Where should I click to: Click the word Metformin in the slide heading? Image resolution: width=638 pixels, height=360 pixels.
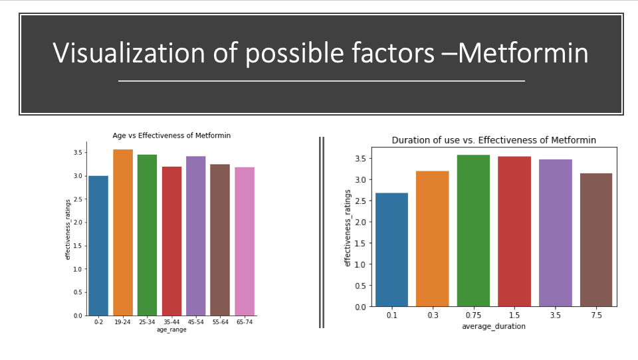[x=523, y=53]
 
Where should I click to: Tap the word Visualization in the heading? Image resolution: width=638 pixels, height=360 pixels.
[x=128, y=53]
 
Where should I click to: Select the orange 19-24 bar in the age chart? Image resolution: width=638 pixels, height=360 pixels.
[x=123, y=232]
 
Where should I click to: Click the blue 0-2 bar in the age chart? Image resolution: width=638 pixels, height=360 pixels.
[x=98, y=246]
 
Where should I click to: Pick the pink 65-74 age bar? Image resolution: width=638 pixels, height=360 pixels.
[x=245, y=241]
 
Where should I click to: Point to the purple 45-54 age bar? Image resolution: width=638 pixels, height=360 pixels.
[x=195, y=236]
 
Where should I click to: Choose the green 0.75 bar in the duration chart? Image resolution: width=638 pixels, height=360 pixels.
[x=474, y=230]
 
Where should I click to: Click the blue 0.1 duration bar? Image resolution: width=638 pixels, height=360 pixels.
[x=392, y=250]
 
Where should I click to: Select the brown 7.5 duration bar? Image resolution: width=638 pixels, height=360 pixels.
[x=596, y=240]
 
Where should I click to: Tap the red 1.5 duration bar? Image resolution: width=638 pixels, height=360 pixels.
[x=514, y=231]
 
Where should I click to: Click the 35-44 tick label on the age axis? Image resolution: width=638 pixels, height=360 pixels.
[x=171, y=321]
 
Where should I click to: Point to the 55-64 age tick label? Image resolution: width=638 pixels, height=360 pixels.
[x=220, y=321]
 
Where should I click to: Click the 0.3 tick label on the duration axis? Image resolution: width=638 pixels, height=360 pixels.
[x=433, y=315]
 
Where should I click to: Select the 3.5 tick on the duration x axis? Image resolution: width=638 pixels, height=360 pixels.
[x=556, y=315]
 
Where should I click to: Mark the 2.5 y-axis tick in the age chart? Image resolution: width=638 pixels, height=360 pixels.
[x=78, y=199]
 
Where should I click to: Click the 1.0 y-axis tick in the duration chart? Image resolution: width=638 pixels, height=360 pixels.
[x=360, y=264]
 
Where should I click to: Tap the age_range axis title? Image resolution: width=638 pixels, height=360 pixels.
[x=171, y=329]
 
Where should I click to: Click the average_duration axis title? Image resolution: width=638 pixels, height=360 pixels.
[x=494, y=326]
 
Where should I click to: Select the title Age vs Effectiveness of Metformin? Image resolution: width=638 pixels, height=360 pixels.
[x=171, y=135]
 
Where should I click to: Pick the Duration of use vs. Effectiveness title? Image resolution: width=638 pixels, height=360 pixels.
[x=494, y=140]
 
